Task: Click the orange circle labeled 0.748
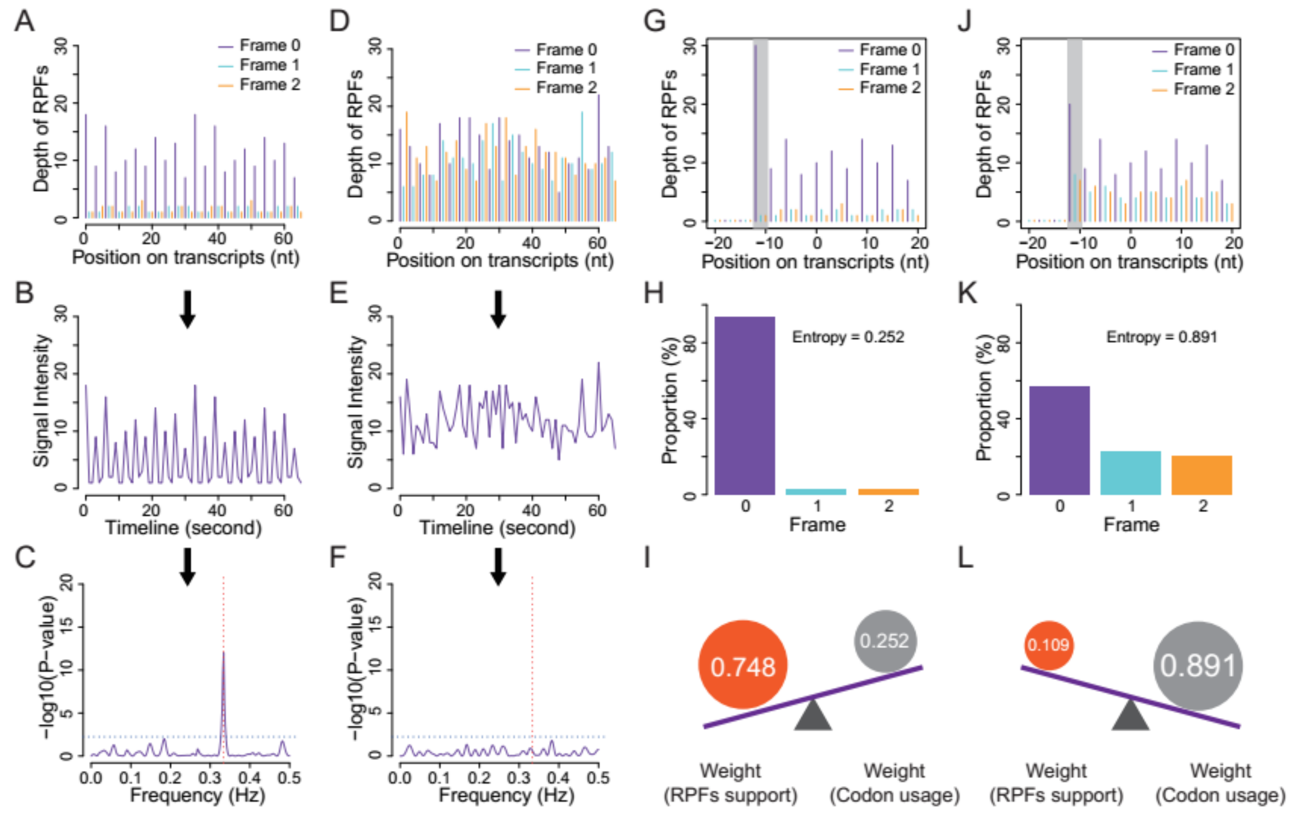[743, 666]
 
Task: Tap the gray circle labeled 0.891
[1198, 666]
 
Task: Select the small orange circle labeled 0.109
[1048, 644]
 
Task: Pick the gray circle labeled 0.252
[885, 641]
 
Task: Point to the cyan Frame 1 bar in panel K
[1130, 473]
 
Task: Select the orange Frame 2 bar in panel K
[1202, 475]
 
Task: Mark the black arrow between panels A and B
[187, 309]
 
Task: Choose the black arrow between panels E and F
[498, 567]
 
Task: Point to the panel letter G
[655, 22]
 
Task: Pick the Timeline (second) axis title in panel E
[497, 527]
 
